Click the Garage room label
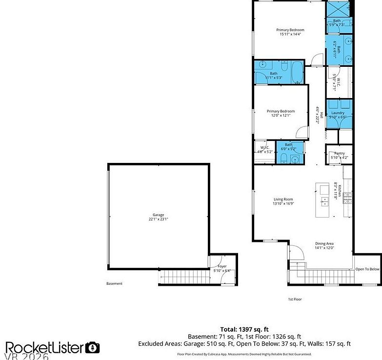tap(158, 217)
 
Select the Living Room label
tap(283, 201)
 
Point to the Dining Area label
tap(324, 246)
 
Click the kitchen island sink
tap(324, 200)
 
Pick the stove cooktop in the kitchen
tap(347, 198)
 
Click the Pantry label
tap(339, 155)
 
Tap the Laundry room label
tap(338, 115)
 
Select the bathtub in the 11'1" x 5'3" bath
tap(297, 72)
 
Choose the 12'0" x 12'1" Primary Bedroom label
tap(281, 113)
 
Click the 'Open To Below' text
tap(367, 269)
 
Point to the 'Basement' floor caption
tap(114, 283)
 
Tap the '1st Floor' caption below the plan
tap(294, 299)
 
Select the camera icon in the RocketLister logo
tap(92, 347)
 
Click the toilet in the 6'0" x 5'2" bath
tap(284, 157)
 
